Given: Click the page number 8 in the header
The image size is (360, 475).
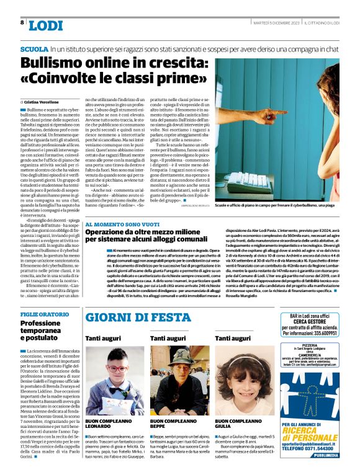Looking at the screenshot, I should (22, 22).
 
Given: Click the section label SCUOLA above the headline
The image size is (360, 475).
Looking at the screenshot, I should (34, 48).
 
